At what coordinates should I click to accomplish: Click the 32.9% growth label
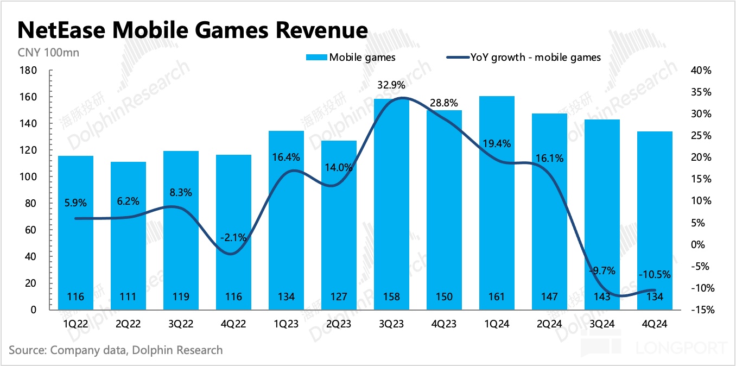[392, 85]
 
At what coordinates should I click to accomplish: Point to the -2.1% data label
[233, 237]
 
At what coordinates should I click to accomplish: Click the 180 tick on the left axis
[28, 71]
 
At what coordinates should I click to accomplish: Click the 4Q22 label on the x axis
[233, 324]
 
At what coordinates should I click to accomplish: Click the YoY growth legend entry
[523, 57]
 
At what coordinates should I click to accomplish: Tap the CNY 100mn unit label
[40, 53]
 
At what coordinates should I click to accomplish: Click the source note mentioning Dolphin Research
[116, 350]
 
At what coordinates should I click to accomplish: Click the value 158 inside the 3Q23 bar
[391, 296]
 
